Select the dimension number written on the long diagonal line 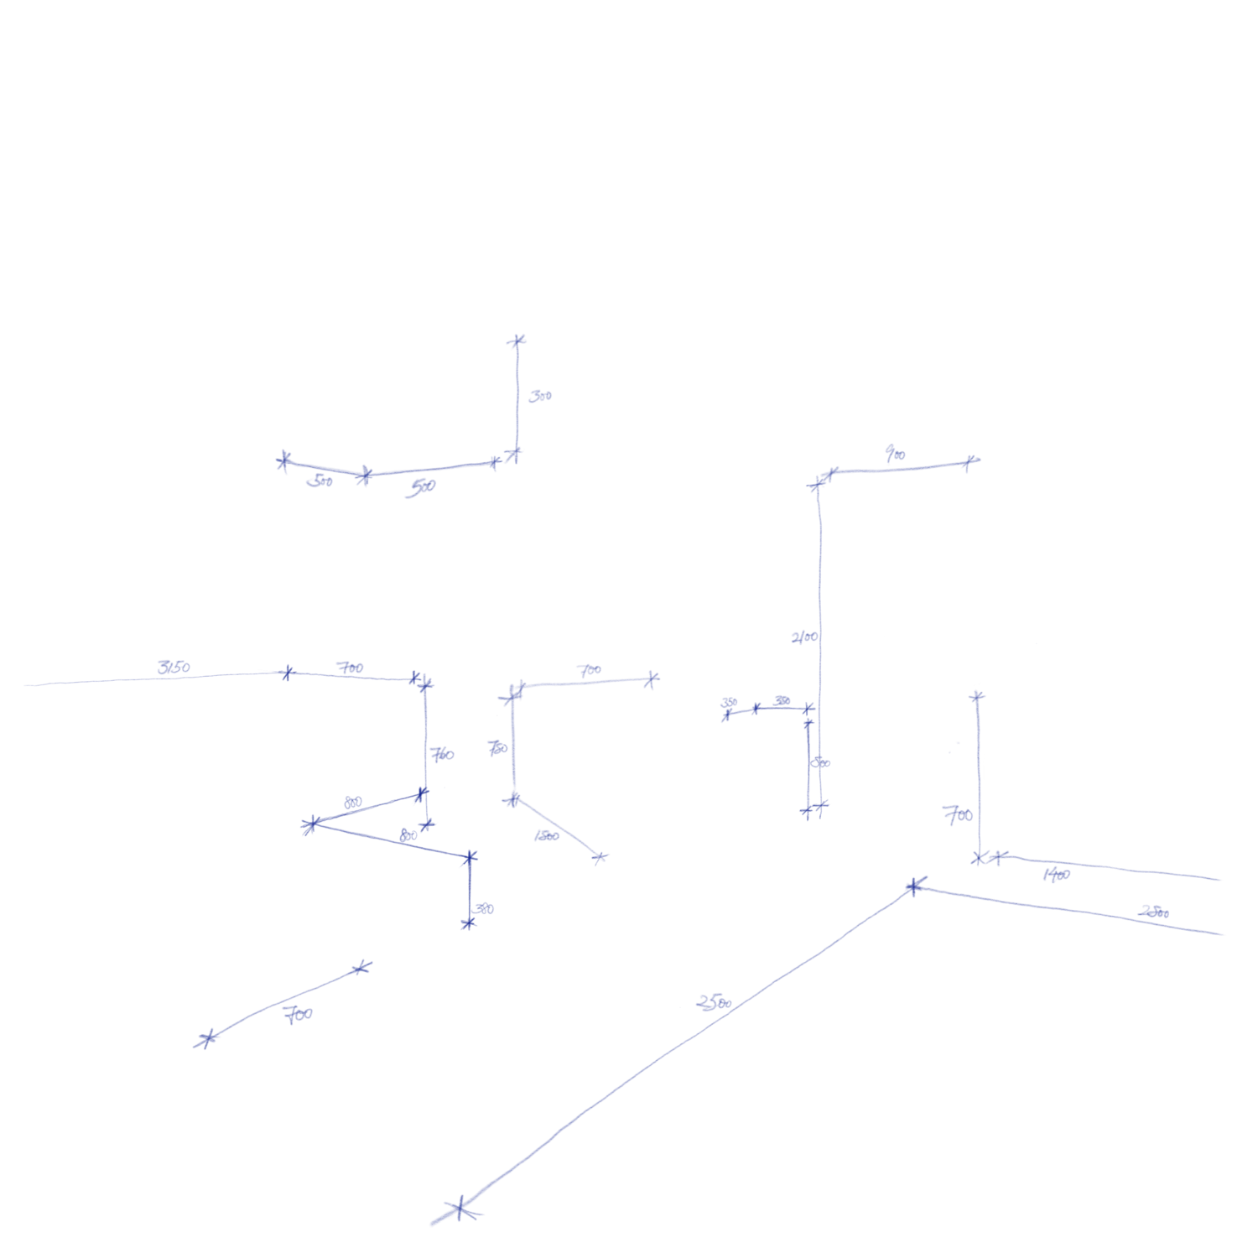714,1002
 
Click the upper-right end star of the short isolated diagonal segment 362,968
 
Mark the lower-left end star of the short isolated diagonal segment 204,1042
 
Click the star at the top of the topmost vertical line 517,340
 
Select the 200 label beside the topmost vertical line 543,397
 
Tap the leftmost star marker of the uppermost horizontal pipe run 283,460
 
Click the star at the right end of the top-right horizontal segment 973,460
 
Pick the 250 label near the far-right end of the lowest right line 1156,912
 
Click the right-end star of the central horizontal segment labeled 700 652,678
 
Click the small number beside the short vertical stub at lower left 484,909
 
